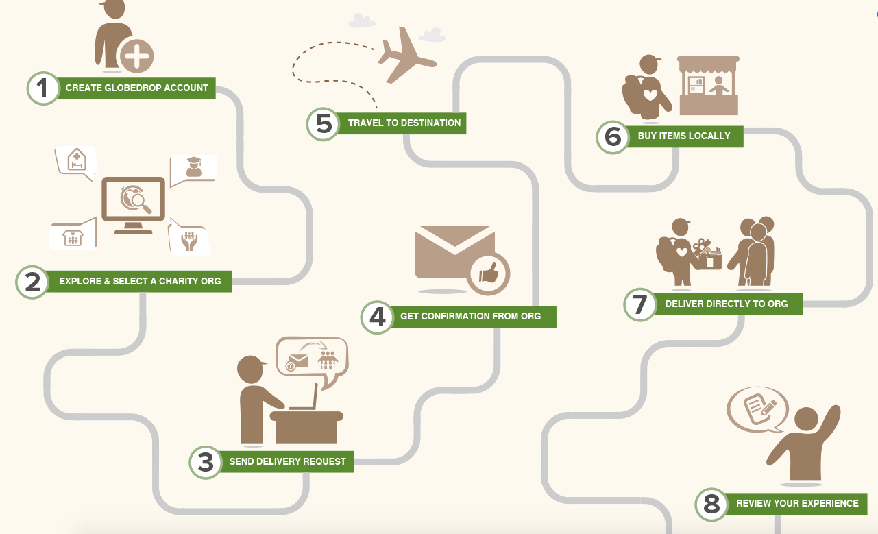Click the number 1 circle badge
pyautogui.click(x=43, y=88)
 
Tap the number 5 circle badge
pyautogui.click(x=323, y=124)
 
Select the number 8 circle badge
pyautogui.click(x=711, y=505)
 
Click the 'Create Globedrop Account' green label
pyautogui.click(x=137, y=88)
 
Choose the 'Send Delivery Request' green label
pyautogui.click(x=287, y=461)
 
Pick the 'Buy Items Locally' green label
pyautogui.click(x=684, y=136)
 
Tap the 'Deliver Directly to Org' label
pyautogui.click(x=727, y=304)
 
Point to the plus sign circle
pyautogui.click(x=136, y=56)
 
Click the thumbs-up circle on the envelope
pyautogui.click(x=489, y=274)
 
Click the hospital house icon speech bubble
pyautogui.click(x=76, y=162)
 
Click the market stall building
pyautogui.click(x=708, y=86)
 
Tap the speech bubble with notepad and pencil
pyautogui.click(x=757, y=410)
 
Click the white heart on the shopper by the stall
pyautogui.click(x=650, y=95)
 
